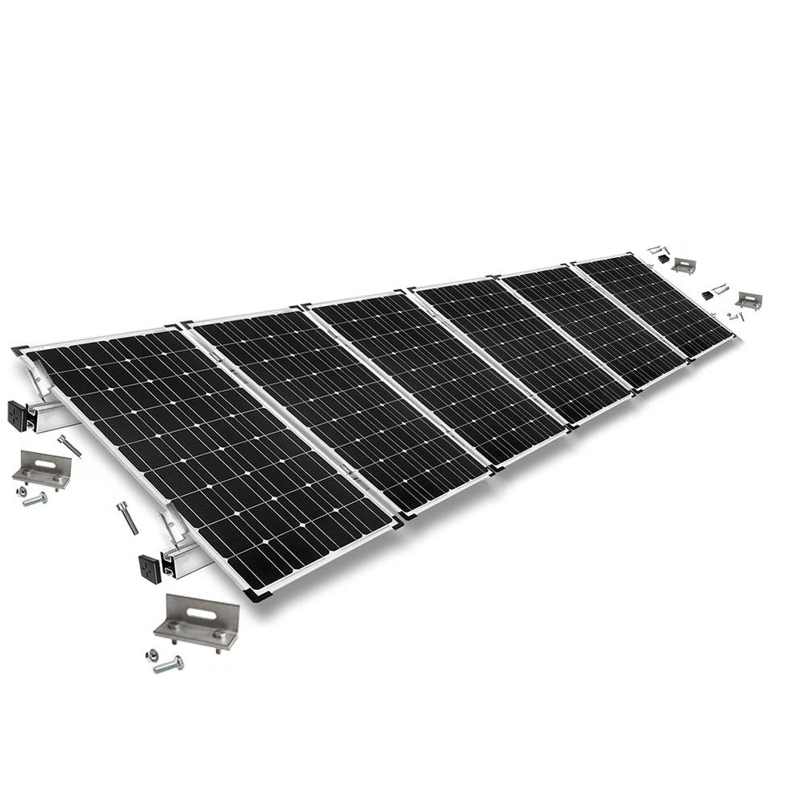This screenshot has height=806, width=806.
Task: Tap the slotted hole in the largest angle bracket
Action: [188, 610]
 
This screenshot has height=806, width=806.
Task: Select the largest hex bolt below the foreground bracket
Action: [169, 665]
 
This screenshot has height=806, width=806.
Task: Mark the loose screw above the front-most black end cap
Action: [127, 517]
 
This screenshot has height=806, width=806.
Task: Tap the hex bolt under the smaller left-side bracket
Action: [35, 500]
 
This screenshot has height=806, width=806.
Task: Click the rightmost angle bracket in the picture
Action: [749, 301]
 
